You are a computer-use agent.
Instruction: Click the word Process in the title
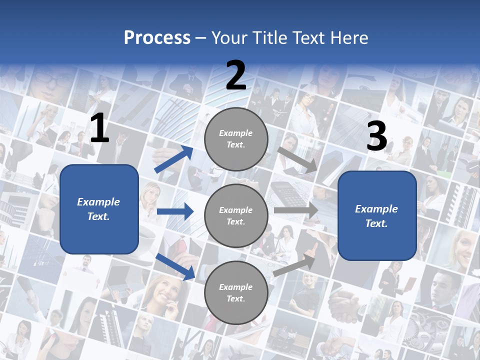[157, 38]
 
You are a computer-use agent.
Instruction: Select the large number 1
[99, 129]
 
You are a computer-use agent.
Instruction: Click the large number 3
[376, 136]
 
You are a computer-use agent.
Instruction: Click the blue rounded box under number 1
[99, 209]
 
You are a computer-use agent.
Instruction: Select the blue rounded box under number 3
[377, 216]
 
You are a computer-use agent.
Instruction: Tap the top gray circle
[236, 139]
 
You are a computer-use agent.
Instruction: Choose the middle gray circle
[236, 215]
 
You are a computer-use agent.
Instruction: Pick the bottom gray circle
[236, 292]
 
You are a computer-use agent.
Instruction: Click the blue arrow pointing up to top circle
[173, 159]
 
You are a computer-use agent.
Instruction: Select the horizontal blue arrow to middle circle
[175, 211]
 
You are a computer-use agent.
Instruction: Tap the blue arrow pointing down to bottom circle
[175, 266]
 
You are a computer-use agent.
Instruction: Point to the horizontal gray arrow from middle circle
[296, 210]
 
